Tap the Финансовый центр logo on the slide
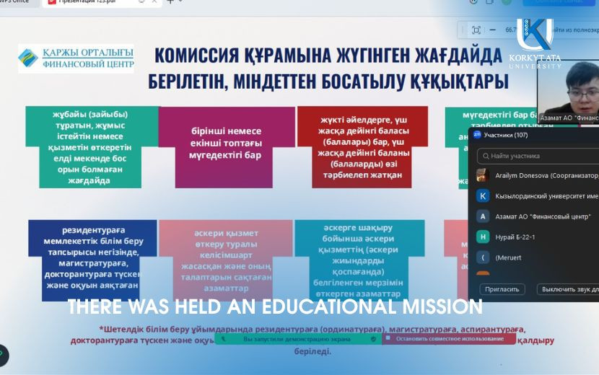click(x=76, y=58)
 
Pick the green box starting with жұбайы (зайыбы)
click(x=91, y=146)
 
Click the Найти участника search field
click(x=538, y=155)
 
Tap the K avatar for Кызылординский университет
click(x=483, y=195)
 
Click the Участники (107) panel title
click(x=506, y=135)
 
